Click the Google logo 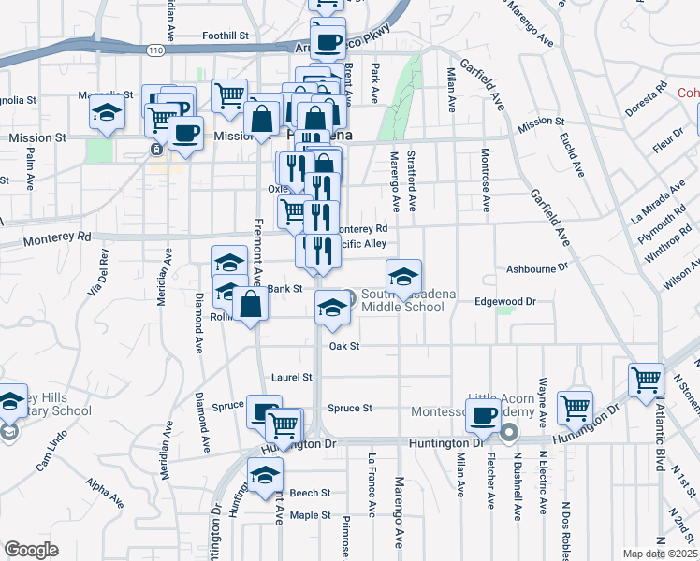click(31, 550)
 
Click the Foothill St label click(229, 36)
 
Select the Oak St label click(344, 346)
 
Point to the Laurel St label click(291, 378)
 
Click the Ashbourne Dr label click(537, 267)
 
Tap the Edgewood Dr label click(504, 302)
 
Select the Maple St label click(311, 515)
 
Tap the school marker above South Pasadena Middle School click(403, 276)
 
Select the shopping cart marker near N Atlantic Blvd click(646, 380)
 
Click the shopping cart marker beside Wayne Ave click(575, 407)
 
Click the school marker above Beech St click(265, 474)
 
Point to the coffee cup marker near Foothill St click(328, 41)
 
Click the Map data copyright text click(659, 553)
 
